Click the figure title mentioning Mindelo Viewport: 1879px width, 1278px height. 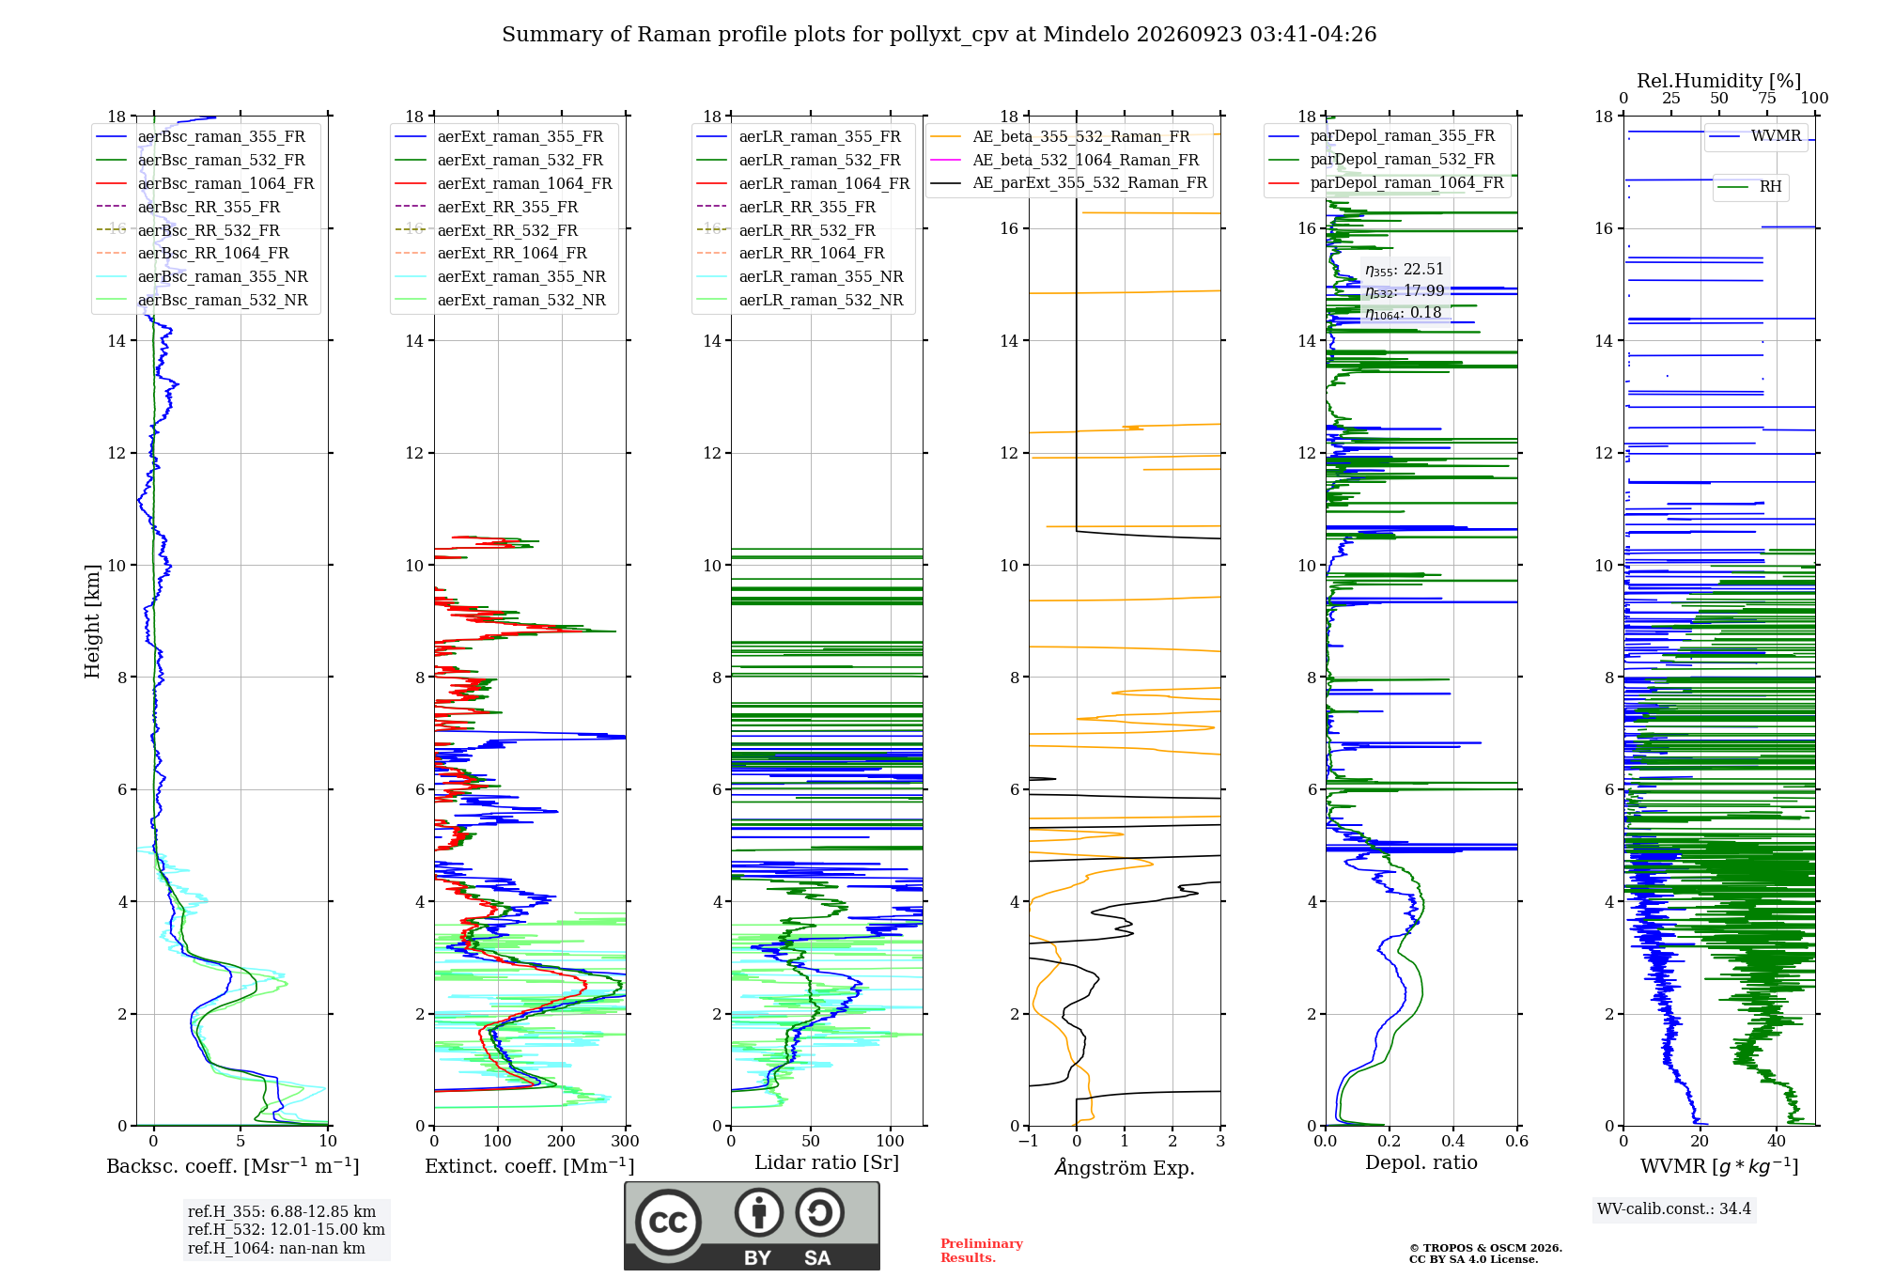pos(939,35)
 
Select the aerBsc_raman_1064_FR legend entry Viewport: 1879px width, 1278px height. pos(205,183)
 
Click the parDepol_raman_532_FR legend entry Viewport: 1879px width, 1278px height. pos(1382,160)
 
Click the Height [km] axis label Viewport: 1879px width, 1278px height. pos(92,621)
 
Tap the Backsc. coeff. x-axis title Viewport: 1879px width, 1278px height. pos(233,1166)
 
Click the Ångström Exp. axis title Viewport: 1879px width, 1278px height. pos(1125,1167)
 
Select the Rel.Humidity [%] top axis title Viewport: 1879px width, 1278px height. pos(1719,81)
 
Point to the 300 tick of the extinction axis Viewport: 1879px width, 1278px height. pos(625,1141)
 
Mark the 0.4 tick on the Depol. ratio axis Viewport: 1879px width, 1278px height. pos(1453,1141)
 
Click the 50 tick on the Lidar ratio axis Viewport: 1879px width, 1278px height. pos(812,1141)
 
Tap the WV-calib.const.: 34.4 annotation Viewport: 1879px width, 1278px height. pos(1674,1208)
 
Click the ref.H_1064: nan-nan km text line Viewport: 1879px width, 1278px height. pos(276,1248)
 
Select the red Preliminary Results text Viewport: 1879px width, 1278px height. pos(982,1251)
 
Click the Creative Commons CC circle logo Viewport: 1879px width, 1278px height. pos(668,1222)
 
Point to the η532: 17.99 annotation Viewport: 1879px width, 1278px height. pos(1405,291)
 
